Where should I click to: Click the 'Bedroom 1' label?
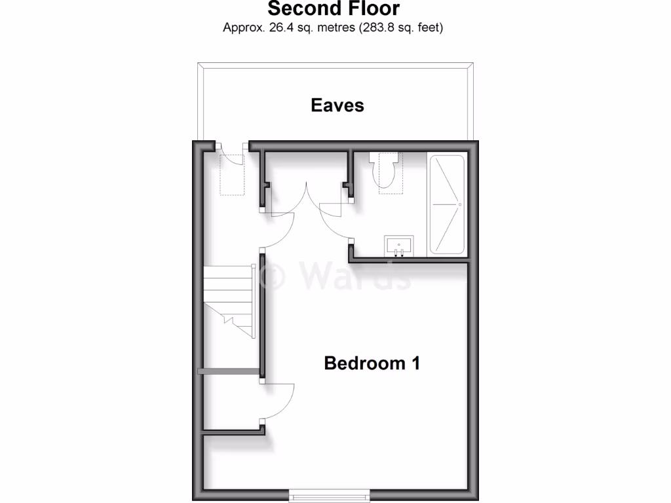[x=372, y=363]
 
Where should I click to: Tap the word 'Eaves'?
[x=337, y=105]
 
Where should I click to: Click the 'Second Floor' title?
[x=334, y=9]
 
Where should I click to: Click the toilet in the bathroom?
[x=383, y=174]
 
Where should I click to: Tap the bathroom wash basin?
[x=398, y=246]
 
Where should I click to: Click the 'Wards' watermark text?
[x=356, y=274]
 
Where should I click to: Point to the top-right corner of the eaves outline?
[x=472, y=64]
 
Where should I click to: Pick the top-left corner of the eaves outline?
[x=199, y=64]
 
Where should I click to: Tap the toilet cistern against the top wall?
[x=383, y=157]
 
